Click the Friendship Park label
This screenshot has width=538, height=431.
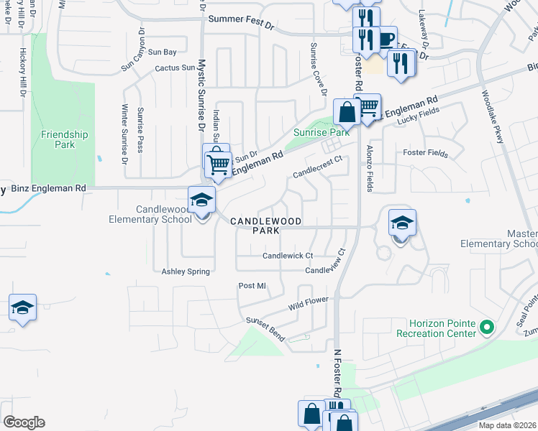tap(65, 139)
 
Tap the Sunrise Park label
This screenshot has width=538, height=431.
tap(321, 133)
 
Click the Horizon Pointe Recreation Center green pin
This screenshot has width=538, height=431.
tap(487, 328)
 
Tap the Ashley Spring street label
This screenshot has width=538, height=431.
tap(186, 272)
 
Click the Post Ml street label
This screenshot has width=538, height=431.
tap(252, 286)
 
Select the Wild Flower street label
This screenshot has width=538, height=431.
tap(309, 303)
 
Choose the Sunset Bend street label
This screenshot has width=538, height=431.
tap(267, 328)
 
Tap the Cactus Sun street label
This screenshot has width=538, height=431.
tap(175, 68)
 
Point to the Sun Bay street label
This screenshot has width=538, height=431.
tap(162, 52)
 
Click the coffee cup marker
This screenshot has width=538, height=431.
tap(386, 38)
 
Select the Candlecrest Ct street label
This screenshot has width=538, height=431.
tap(321, 170)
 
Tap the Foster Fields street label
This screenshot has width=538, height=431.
tap(425, 154)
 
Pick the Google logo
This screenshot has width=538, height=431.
tap(24, 422)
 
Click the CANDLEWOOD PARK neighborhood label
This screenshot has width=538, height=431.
tap(265, 226)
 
